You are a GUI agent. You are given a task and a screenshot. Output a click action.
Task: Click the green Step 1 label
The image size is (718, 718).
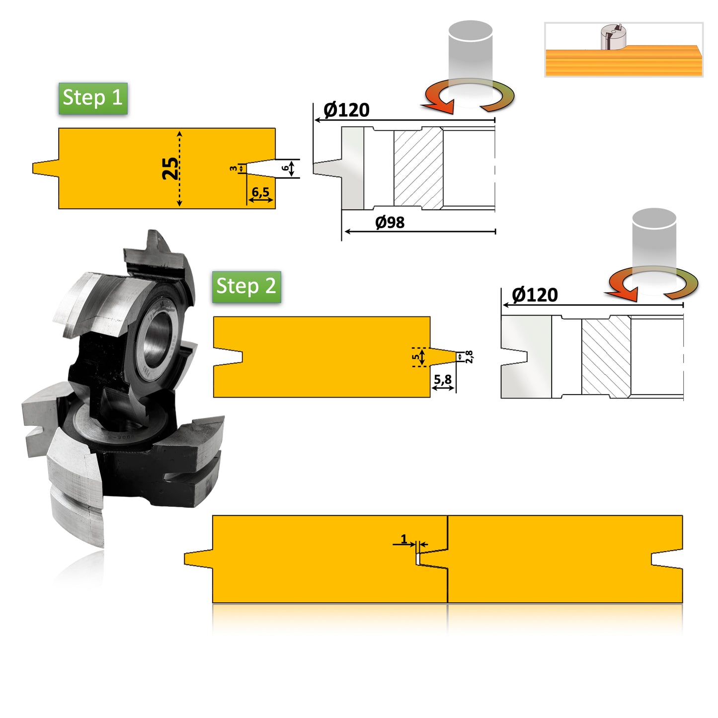click(93, 98)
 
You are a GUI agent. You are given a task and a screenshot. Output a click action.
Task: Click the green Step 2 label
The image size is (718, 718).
click(246, 287)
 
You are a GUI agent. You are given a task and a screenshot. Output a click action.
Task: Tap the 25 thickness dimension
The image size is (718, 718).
click(170, 168)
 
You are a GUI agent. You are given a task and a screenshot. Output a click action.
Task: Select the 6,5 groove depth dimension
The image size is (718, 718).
click(260, 192)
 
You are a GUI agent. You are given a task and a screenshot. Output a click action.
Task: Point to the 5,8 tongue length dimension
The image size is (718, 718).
click(443, 380)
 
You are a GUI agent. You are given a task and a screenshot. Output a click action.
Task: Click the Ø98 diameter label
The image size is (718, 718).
click(390, 223)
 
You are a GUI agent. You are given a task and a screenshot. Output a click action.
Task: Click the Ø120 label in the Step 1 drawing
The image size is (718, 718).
click(346, 110)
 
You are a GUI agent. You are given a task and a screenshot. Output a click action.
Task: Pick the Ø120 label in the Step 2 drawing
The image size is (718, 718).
click(535, 295)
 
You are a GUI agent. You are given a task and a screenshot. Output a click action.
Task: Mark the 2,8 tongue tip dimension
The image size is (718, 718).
click(469, 357)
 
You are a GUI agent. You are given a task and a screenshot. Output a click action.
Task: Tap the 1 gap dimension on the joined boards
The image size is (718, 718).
click(404, 539)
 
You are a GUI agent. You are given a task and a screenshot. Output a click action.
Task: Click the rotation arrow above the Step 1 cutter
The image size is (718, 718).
click(469, 96)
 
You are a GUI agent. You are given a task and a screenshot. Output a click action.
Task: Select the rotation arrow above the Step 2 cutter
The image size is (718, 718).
click(653, 284)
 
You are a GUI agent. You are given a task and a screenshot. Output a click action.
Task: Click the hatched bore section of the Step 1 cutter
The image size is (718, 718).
click(418, 169)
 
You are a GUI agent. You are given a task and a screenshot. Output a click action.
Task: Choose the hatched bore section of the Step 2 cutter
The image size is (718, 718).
click(606, 357)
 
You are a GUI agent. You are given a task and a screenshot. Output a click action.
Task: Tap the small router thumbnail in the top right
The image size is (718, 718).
click(624, 50)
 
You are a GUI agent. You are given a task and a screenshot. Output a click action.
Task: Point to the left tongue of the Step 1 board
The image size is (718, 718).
click(46, 168)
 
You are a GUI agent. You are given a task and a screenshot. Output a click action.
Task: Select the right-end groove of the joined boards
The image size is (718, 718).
click(667, 558)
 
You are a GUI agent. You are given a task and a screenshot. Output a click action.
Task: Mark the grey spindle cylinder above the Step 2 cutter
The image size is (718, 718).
click(654, 239)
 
